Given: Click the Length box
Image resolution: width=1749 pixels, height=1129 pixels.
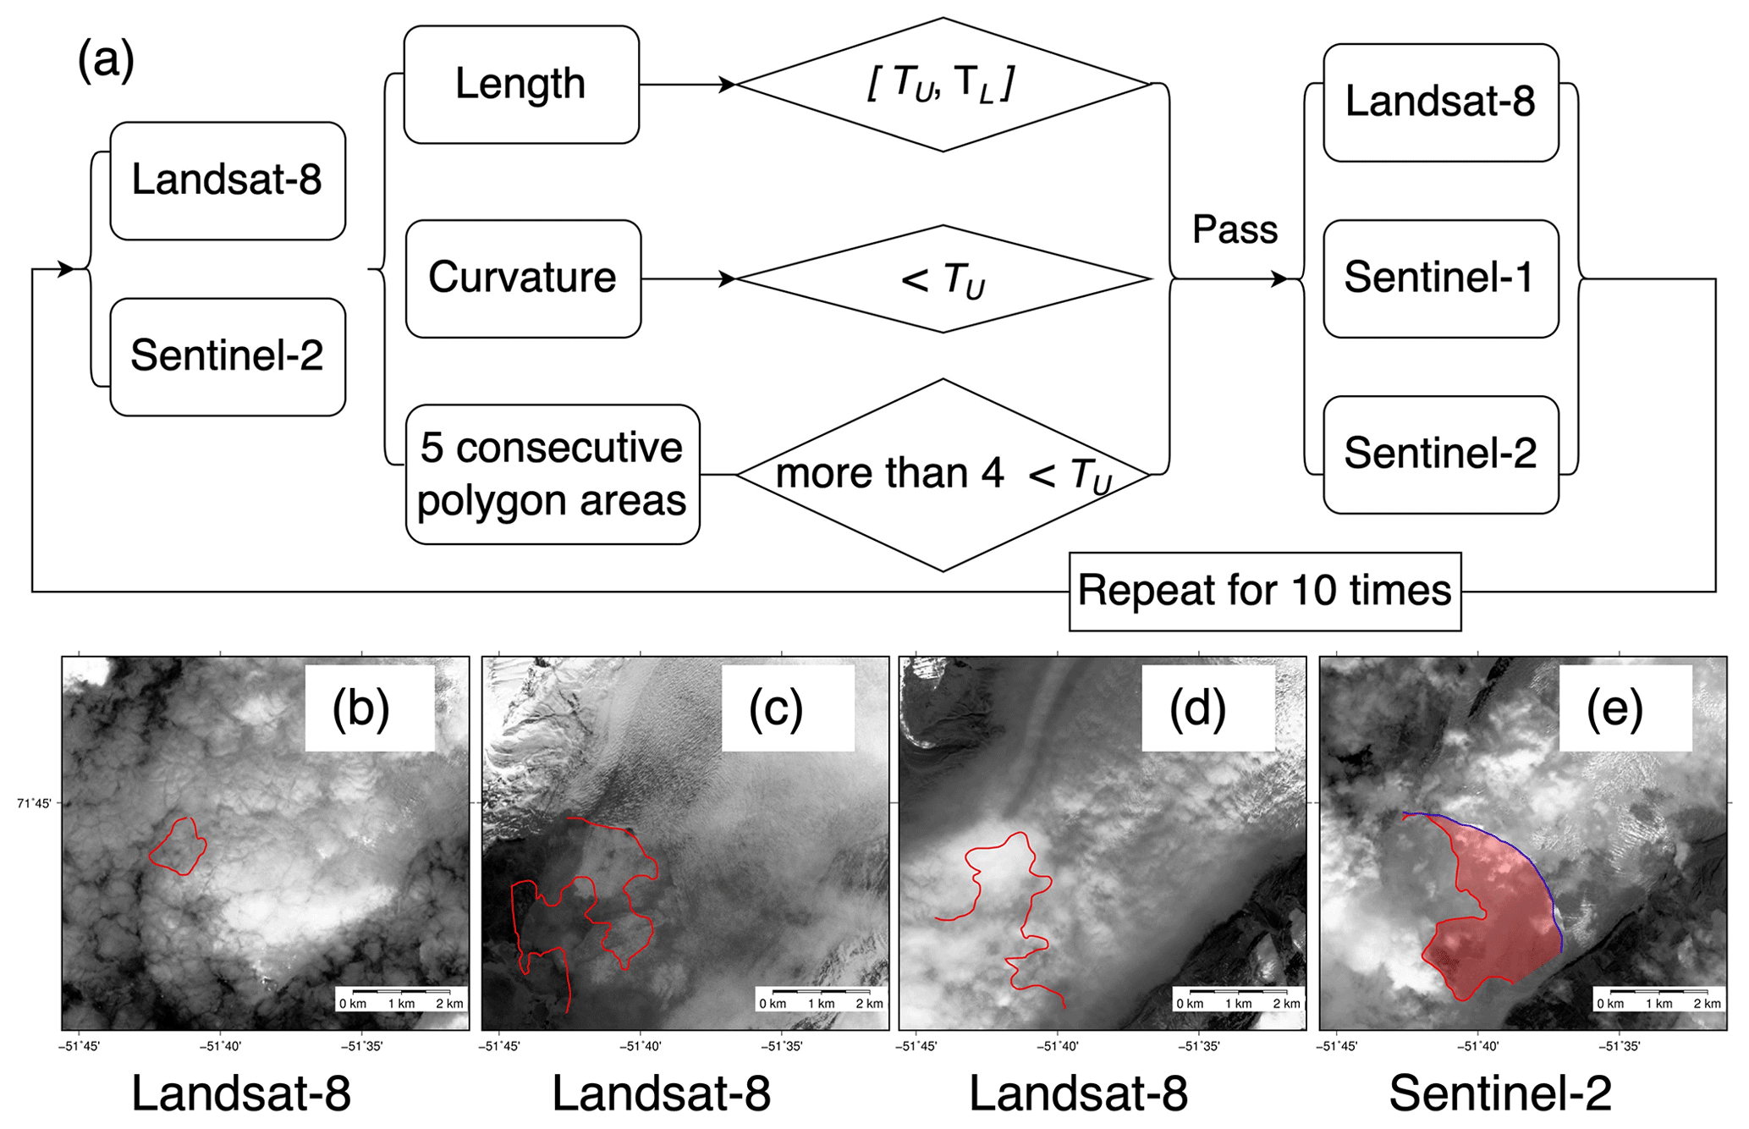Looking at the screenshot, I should point(521,85).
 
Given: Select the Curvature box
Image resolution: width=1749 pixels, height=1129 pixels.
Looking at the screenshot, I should point(523,278).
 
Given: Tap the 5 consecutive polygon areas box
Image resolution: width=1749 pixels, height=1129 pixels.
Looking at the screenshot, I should point(552,474).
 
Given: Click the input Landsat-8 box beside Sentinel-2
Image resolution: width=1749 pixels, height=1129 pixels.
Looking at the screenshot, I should point(228,180).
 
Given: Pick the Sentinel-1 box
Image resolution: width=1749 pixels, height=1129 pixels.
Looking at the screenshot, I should point(1440,278).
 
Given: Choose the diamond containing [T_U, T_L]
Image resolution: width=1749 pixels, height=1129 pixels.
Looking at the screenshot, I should point(943,85).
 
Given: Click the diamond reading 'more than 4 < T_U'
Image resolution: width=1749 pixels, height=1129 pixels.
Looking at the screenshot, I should point(943,475).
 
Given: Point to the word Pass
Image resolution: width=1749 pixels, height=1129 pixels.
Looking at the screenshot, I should point(1235,229).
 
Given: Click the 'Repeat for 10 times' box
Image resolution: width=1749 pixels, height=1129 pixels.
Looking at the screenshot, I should point(1264,591).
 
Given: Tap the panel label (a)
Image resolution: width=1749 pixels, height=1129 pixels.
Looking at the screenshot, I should point(106,61).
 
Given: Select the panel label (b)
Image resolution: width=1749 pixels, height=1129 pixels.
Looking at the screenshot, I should point(361,708).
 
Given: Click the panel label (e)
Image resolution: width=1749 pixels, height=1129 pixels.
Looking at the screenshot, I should point(1614,708).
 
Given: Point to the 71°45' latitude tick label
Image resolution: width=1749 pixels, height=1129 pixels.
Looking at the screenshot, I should point(34,803).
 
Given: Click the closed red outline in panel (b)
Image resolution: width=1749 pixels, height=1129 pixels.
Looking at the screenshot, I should point(178,846).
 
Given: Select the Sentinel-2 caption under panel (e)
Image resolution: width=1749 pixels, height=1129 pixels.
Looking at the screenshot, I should point(1500,1093).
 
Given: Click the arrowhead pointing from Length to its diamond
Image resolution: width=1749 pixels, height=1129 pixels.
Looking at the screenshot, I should point(727,85).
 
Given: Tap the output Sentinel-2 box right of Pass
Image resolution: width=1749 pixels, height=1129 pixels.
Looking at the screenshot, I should point(1440,454).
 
